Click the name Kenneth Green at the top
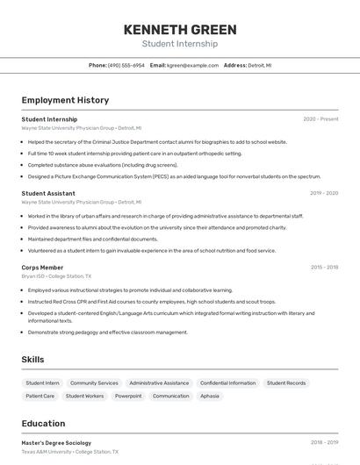click(x=179, y=28)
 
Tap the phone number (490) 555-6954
click(x=126, y=65)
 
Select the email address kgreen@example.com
click(x=192, y=65)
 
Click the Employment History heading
click(x=65, y=100)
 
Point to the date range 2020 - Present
click(x=320, y=119)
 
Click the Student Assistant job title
click(x=48, y=193)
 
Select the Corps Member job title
click(x=42, y=268)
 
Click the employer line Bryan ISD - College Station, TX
click(x=56, y=276)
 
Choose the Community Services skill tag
click(x=94, y=383)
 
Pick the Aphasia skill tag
click(x=210, y=397)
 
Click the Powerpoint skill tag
click(x=128, y=397)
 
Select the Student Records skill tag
click(x=286, y=383)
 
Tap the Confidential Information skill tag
click(x=227, y=383)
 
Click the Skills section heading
click(x=32, y=360)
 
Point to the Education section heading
click(x=43, y=424)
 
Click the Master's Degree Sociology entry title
click(x=56, y=443)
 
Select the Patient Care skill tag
click(x=40, y=397)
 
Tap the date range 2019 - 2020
click(x=324, y=193)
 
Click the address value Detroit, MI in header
click(x=260, y=65)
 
